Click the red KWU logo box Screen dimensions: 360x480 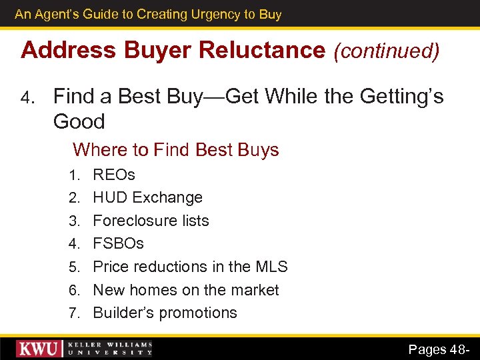pyautogui.click(x=39, y=349)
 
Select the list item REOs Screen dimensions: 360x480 pyautogui.click(x=114, y=175)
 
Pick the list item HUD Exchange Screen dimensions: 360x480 pyautogui.click(x=147, y=197)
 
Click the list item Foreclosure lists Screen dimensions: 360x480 pyautogui.click(x=151, y=221)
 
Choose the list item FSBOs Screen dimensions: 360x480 pyautogui.click(x=118, y=243)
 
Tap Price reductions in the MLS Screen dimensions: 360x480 pyautogui.click(x=190, y=267)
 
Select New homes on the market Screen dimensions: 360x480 pyautogui.click(x=186, y=290)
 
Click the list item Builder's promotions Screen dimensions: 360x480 pyautogui.click(x=165, y=313)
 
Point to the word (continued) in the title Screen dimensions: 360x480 pyautogui.click(x=387, y=51)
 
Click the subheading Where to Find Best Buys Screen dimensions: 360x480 pyautogui.click(x=176, y=149)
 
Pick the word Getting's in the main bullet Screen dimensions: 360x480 pyautogui.click(x=401, y=97)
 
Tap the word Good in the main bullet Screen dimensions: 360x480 pyautogui.click(x=79, y=121)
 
